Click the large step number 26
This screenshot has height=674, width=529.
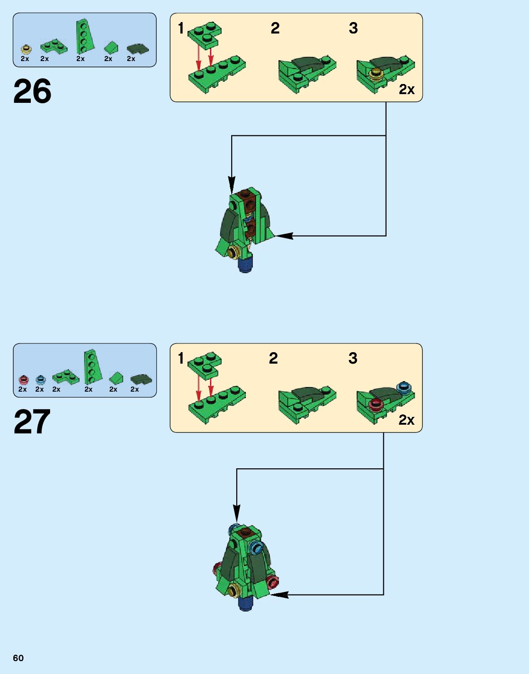tap(32, 91)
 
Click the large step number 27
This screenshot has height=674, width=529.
tap(32, 422)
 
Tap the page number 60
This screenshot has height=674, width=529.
tap(18, 658)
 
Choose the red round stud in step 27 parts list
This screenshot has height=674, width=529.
tap(23, 380)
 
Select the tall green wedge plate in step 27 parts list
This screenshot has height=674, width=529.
tap(91, 366)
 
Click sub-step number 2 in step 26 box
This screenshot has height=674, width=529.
tap(275, 28)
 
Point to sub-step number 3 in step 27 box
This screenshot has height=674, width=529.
tap(353, 358)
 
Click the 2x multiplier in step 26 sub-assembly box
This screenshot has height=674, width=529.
tap(406, 90)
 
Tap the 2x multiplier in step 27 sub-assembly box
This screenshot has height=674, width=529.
tap(406, 420)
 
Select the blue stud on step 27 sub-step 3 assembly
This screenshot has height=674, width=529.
tap(404, 387)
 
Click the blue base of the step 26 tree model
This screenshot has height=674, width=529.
tap(245, 265)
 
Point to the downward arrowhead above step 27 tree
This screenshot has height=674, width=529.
tap(236, 512)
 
